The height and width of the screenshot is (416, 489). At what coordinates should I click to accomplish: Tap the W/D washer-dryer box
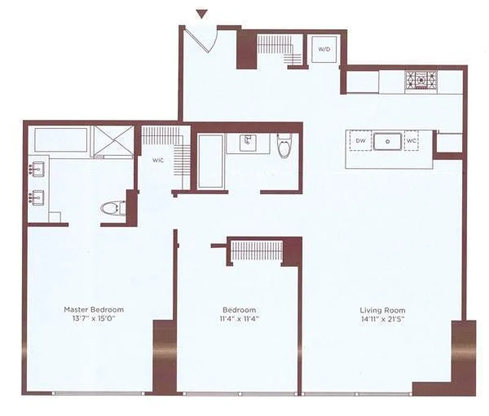[x=324, y=49]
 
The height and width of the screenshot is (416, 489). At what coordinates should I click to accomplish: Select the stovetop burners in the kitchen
[x=421, y=81]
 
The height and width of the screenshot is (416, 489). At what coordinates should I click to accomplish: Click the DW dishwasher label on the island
[x=361, y=141]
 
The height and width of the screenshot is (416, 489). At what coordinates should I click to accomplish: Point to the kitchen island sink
[x=388, y=141]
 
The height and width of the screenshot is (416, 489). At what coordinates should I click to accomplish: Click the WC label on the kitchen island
[x=411, y=141]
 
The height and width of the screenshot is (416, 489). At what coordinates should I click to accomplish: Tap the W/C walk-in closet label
[x=158, y=160]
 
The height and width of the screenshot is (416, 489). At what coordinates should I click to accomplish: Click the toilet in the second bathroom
[x=284, y=146]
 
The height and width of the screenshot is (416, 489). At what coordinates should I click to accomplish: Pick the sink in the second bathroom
[x=248, y=143]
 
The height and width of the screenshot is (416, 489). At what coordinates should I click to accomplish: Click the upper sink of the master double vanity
[x=37, y=170]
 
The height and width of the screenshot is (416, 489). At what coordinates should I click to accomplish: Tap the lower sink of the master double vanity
[x=37, y=198]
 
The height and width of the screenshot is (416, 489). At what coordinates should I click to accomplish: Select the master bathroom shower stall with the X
[x=113, y=141]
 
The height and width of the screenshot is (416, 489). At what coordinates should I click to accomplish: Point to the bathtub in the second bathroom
[x=210, y=161]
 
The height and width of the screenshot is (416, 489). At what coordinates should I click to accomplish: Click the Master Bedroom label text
[x=94, y=309]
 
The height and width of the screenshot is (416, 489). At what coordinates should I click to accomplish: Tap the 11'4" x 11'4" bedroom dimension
[x=238, y=319]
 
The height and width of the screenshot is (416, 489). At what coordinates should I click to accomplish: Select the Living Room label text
[x=382, y=310]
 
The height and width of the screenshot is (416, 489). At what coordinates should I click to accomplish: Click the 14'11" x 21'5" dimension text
[x=382, y=319]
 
